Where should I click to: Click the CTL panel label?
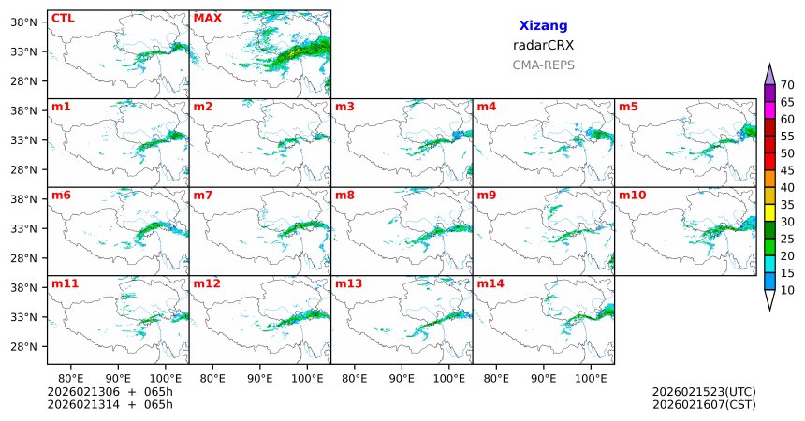(x=63, y=18)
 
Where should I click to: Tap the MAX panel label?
(x=207, y=18)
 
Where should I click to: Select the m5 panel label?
(x=627, y=107)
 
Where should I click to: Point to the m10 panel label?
(x=632, y=196)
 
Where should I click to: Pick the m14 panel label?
(x=490, y=283)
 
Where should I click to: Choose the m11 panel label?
(x=65, y=283)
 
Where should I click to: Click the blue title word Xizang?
(x=543, y=26)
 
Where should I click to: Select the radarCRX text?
(x=543, y=45)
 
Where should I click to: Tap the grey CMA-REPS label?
(x=543, y=65)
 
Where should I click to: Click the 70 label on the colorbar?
(x=787, y=84)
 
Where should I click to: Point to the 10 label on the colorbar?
(x=787, y=291)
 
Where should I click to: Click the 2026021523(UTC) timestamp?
(x=703, y=392)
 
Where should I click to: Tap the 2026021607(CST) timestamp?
(x=703, y=405)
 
